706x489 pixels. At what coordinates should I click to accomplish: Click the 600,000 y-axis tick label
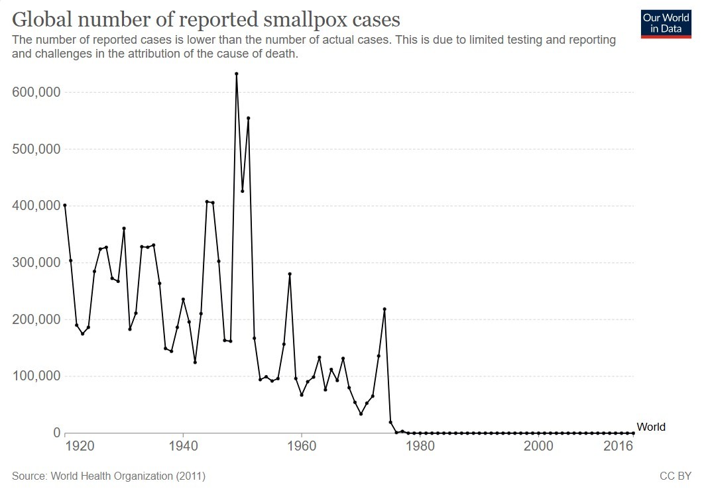tap(36, 93)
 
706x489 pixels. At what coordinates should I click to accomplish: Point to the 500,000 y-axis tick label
tap(36, 150)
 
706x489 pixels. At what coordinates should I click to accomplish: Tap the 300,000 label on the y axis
tap(36, 263)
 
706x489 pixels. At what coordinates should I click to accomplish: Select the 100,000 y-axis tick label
tap(36, 376)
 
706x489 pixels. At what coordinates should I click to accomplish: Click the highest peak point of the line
tap(237, 74)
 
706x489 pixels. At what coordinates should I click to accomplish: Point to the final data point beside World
tap(633, 433)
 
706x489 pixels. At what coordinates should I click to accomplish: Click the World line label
tap(650, 427)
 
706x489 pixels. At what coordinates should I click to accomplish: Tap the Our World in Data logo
tap(666, 23)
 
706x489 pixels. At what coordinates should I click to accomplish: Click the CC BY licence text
tap(676, 476)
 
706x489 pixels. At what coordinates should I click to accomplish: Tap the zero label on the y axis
tap(57, 433)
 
